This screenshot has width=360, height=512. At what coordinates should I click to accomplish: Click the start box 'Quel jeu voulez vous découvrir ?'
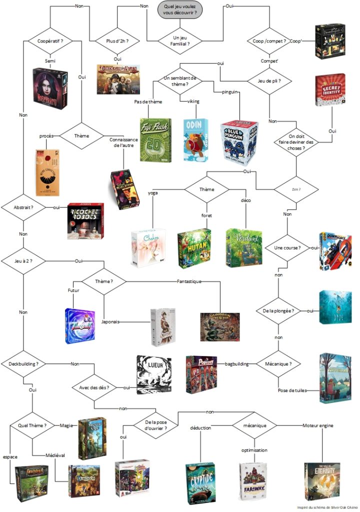pos(180,10)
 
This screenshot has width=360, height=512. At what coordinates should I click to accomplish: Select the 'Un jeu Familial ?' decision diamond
pos(180,40)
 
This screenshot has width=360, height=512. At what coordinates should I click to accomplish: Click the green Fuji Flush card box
pos(155,140)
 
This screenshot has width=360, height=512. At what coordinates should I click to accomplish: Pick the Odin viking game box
pos(197,139)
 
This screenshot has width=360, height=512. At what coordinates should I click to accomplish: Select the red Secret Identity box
pos(329,90)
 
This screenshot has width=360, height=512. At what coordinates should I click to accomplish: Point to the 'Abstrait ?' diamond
pos(23,206)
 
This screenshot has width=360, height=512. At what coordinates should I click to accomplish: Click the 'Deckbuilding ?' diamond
pos(23,363)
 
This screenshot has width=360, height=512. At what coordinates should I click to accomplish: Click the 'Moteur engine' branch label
pos(318,425)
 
